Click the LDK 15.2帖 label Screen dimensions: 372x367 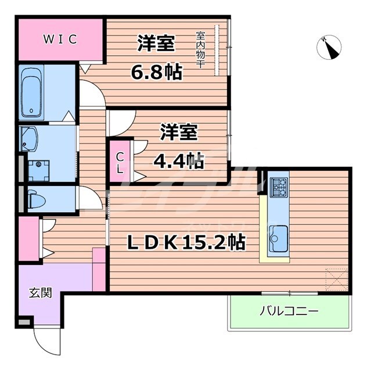pos(185,241)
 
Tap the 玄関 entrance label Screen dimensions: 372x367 pos(40,292)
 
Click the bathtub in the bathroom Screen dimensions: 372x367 pos(31,92)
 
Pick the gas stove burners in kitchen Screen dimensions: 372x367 pos(279,186)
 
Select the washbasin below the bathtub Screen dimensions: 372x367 pos(29,139)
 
